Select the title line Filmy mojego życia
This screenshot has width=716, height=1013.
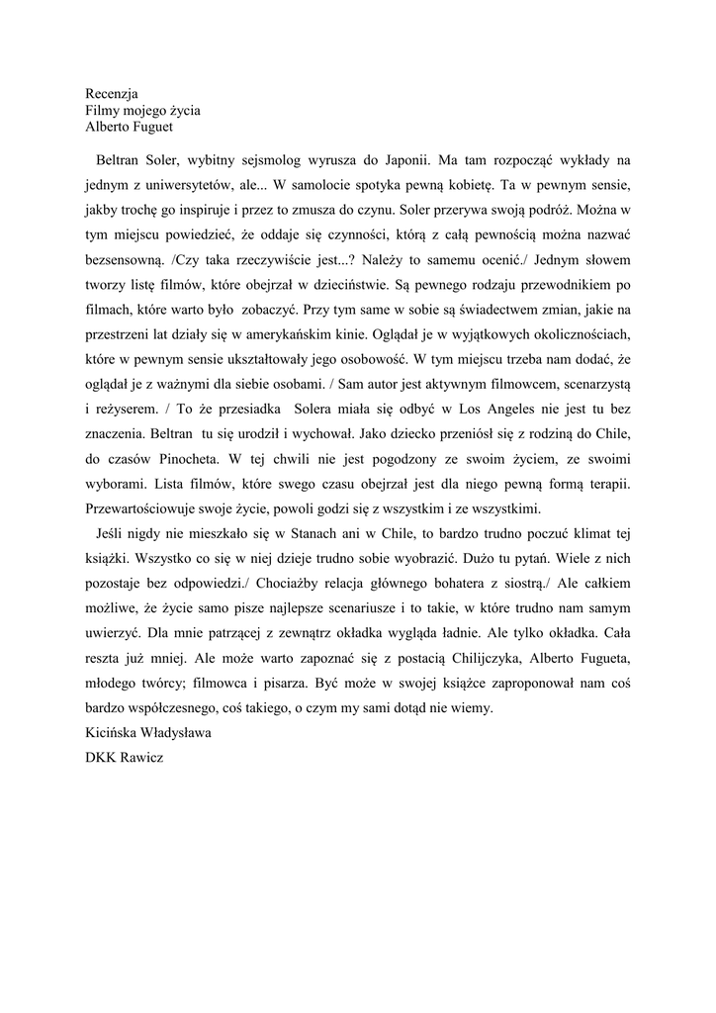click(x=142, y=110)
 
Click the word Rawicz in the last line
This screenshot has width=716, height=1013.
click(x=144, y=758)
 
